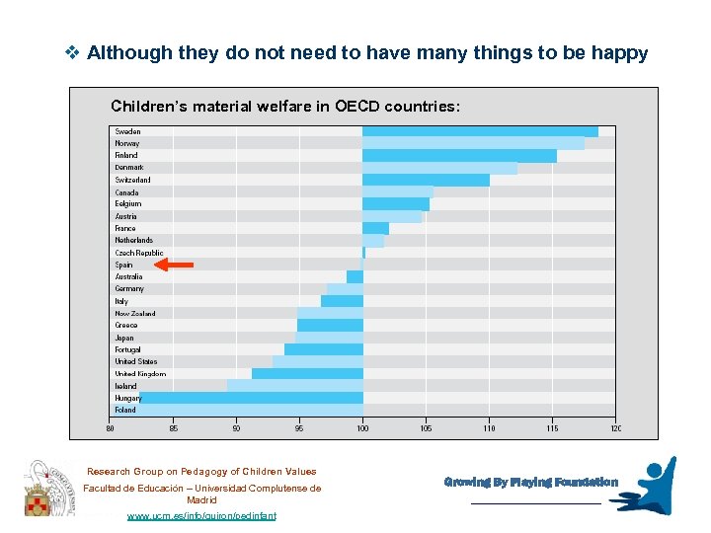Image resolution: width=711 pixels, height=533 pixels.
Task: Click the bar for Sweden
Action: click(480, 131)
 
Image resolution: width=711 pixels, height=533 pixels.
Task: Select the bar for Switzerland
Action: click(426, 180)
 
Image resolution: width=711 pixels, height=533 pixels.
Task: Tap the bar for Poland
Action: click(251, 410)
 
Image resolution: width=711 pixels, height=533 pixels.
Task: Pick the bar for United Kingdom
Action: click(307, 373)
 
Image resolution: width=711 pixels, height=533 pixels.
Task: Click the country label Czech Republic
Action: click(138, 253)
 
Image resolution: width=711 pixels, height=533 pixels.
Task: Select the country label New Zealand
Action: click(134, 313)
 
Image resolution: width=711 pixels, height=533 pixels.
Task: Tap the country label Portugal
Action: click(127, 349)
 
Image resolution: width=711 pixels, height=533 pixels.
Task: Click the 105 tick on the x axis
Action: click(426, 427)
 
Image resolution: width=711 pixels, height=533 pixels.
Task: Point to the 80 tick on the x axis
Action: click(110, 427)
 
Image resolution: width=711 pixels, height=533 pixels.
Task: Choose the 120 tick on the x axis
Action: click(615, 427)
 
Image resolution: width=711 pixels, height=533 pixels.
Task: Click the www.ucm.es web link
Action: click(202, 515)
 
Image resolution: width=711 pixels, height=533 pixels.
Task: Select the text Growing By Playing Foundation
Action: click(530, 483)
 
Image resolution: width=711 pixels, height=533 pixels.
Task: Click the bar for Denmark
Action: click(439, 168)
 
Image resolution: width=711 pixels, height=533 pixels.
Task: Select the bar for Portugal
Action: click(323, 349)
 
